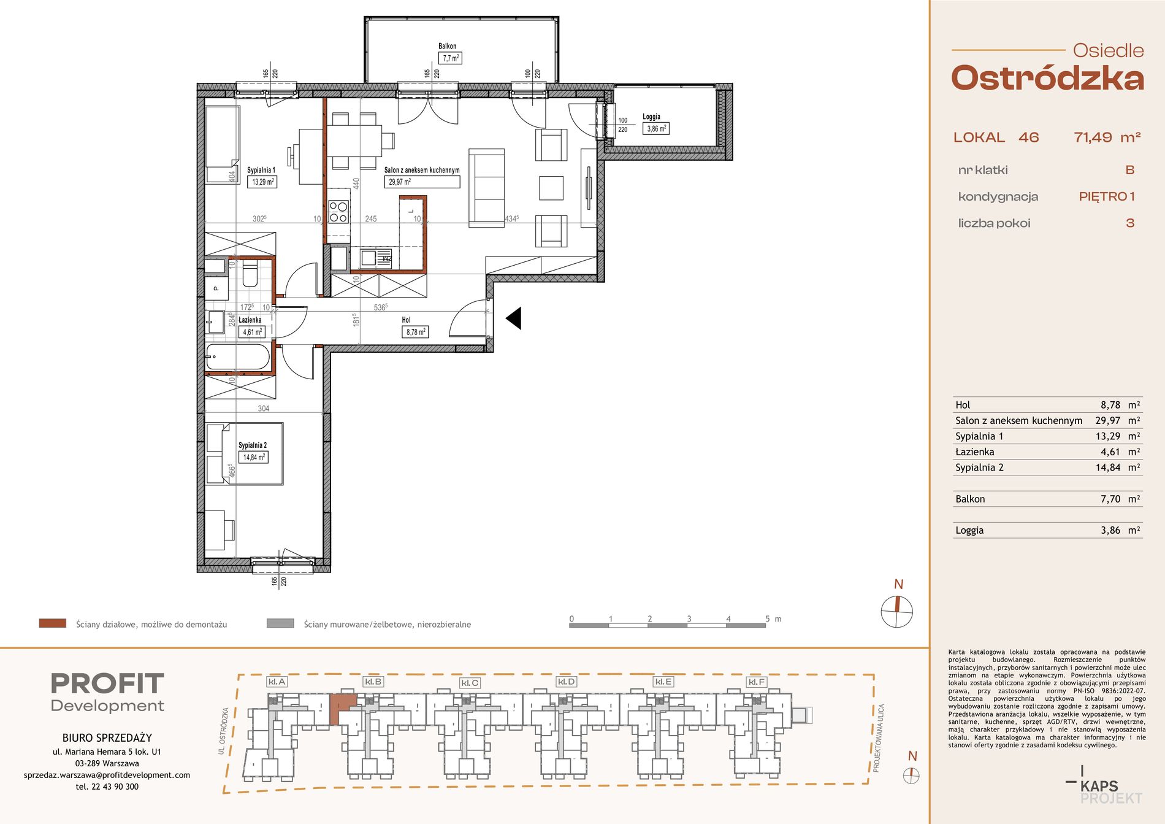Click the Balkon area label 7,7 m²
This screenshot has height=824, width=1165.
pos(450,58)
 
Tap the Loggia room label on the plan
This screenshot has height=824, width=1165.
pos(651,117)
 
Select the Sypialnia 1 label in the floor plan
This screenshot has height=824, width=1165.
pos(261,170)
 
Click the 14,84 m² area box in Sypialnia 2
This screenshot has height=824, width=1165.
pos(253,457)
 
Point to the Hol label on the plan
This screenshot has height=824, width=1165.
pos(406,320)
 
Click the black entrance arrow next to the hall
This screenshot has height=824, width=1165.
pos(513,318)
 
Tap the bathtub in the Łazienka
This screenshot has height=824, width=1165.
pos(238,356)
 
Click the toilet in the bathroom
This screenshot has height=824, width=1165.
pos(250,274)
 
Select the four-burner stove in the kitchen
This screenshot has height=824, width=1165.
pos(338,212)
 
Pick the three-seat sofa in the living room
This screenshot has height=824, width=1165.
pos(487,188)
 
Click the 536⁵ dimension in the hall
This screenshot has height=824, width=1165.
pos(380,307)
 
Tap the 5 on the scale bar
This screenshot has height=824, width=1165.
pos(767,618)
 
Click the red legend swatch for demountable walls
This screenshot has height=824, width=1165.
pos(52,623)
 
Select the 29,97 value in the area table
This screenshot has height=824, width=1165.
pos(1107,421)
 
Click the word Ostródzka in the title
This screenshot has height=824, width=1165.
pos(1047,79)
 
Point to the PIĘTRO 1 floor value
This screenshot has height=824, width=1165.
pos(1107,196)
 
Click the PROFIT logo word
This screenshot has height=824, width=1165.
pos(107,683)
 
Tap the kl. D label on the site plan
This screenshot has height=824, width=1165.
pos(566,682)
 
